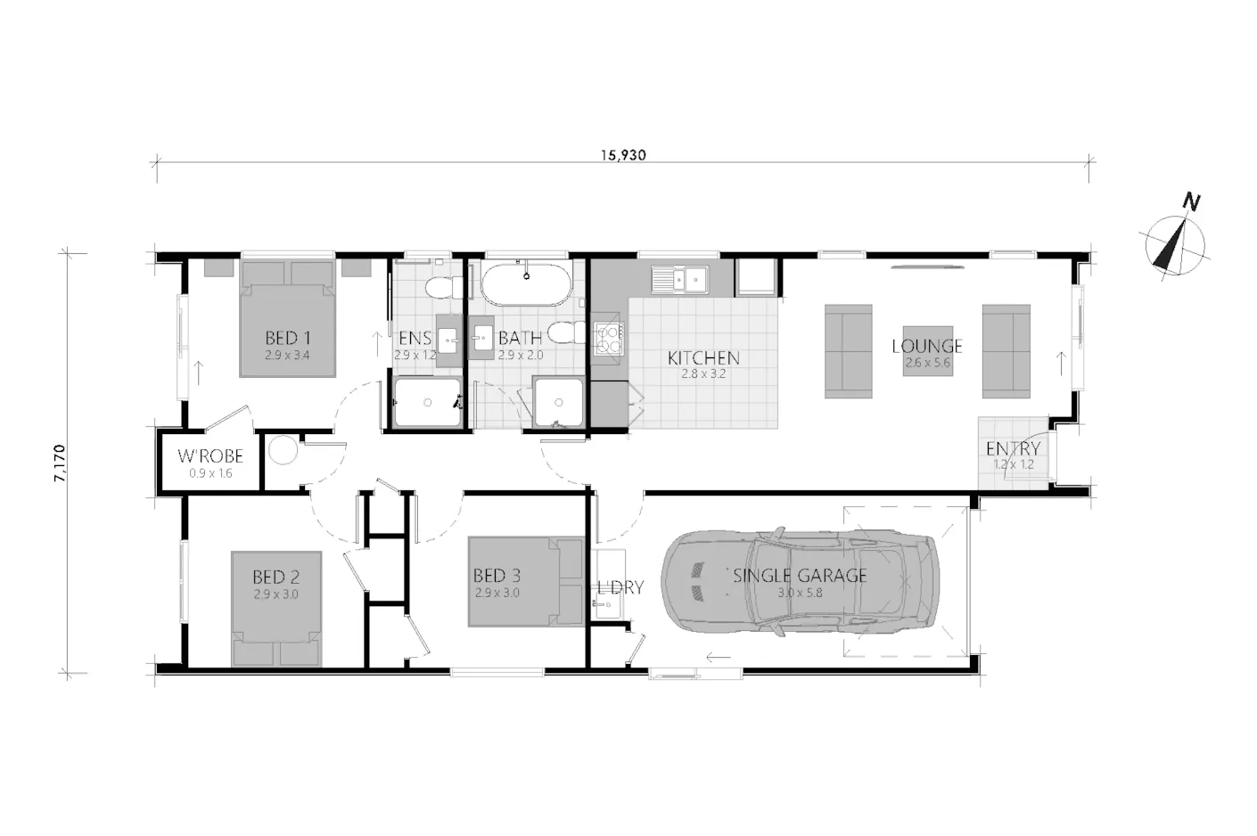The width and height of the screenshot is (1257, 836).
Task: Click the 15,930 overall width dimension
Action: (623, 155)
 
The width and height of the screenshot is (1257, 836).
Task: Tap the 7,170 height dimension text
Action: (60, 463)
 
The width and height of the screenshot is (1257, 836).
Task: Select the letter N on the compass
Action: (1191, 201)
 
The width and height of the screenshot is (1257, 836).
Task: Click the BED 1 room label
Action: (287, 338)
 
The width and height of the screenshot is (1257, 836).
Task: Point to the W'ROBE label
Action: (209, 455)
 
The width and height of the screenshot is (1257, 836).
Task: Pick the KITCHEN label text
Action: (703, 357)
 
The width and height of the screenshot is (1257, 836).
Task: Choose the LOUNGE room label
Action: (927, 346)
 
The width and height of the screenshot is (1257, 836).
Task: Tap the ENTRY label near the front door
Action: (1013, 448)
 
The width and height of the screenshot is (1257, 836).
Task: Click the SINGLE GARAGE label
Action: (800, 575)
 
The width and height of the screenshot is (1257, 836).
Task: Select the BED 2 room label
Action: (275, 577)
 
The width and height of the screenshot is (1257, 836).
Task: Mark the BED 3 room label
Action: (497, 575)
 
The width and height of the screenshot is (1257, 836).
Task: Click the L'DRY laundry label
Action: (620, 587)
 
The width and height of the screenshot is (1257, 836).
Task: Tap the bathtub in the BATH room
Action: (526, 284)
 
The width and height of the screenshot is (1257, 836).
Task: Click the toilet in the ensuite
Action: (443, 289)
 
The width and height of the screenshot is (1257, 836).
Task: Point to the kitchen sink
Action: (679, 279)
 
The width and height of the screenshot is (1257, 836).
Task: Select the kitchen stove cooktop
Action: (609, 339)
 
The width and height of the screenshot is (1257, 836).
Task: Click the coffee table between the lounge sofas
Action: (928, 351)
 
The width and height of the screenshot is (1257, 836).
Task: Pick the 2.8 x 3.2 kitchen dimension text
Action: (703, 373)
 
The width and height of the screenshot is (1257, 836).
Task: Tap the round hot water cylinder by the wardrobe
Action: (283, 450)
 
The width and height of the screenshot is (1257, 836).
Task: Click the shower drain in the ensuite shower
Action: (428, 402)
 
